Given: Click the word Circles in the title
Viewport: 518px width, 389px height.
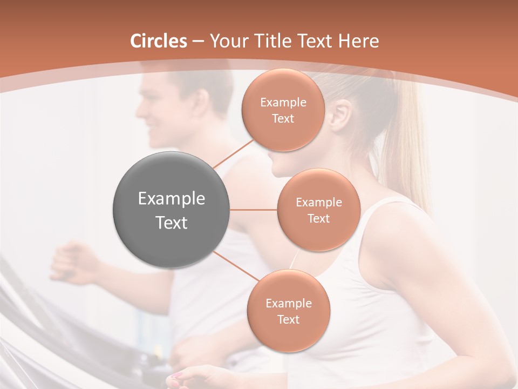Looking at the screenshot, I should point(158,41).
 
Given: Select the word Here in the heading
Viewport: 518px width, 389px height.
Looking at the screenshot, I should point(359,41).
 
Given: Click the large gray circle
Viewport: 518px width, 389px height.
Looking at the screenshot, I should point(171,210).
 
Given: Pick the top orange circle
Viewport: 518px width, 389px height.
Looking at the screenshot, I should point(283,110).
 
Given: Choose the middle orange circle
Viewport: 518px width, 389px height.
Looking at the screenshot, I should point(318,210).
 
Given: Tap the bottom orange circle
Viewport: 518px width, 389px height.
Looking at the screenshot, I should point(288,311).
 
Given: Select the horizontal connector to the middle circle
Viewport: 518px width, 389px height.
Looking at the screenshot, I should point(254,210).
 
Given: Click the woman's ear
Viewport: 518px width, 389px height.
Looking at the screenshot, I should point(341,115).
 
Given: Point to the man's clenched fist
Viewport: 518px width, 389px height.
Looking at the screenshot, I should point(73,262).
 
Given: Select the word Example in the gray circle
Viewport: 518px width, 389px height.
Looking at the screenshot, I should point(171,199).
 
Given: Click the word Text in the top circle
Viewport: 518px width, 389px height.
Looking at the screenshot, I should point(283,118).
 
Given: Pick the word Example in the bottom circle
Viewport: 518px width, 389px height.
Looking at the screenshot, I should point(288,303).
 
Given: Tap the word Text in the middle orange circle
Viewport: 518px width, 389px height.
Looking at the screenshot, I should point(318,218).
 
